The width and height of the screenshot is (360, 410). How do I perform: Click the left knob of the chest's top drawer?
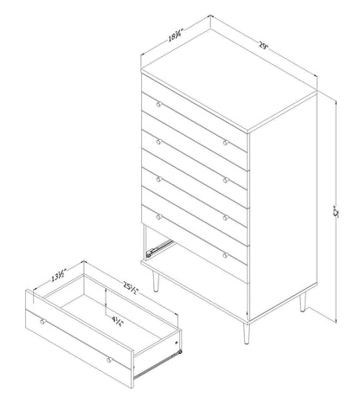pyautogui.click(x=158, y=104)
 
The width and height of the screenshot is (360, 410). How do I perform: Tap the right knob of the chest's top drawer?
pyautogui.click(x=225, y=141)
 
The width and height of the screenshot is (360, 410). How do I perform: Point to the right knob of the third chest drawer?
pyautogui.click(x=225, y=216)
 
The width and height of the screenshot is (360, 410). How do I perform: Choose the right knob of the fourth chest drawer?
pyautogui.click(x=225, y=254)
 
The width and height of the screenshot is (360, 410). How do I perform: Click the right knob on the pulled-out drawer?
pyautogui.click(x=110, y=358)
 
